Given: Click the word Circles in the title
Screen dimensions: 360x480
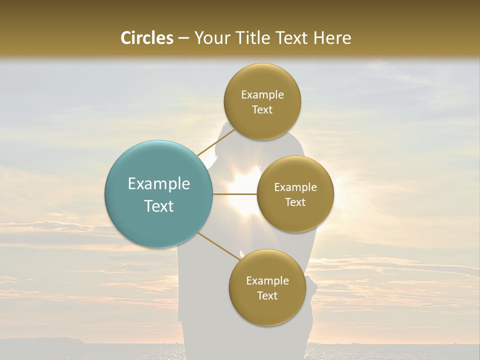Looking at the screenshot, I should [x=146, y=38].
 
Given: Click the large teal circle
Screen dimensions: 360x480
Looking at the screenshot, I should [x=159, y=194].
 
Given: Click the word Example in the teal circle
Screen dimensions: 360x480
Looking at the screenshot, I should [x=159, y=184].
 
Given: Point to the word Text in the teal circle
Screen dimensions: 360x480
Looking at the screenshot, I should [x=159, y=205].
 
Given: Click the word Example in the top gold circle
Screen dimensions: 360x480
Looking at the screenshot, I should [x=262, y=95].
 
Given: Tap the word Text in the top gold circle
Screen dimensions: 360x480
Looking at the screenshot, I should [x=262, y=109].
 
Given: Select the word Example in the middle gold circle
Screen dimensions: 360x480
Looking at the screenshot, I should [x=295, y=187].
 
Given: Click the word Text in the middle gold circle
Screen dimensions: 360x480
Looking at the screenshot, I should [x=295, y=202].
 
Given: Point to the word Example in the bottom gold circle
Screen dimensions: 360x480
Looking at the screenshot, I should [x=267, y=281].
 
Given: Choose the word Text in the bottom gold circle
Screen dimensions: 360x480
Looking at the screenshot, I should [x=267, y=295].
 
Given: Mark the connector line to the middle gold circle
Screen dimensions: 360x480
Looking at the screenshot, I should [x=235, y=194].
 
